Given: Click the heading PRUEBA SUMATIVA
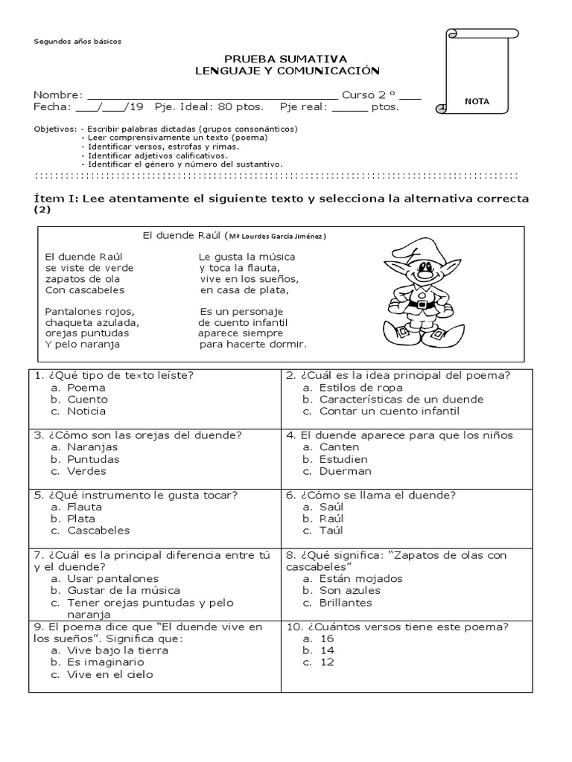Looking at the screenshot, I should coord(285,59).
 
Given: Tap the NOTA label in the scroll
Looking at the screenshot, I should coord(477,102).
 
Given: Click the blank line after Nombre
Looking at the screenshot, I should coord(212,96).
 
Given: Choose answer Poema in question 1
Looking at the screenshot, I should coord(86,388).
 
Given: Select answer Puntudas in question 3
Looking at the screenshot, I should coord(92,459).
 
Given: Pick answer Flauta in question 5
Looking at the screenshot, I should coord(84,507).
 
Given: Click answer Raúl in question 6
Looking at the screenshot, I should coord(331,519).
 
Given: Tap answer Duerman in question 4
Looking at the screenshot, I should coord(345,471).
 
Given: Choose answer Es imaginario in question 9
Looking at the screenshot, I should coord(105,662).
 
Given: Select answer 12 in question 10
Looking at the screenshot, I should coord(327,662).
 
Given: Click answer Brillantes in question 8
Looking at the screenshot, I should coord(345,603).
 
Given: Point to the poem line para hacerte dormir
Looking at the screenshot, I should coord(253,345).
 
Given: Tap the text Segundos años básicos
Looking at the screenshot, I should coord(77,42).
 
